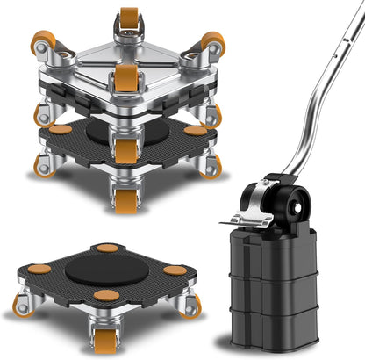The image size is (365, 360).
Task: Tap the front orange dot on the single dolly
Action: (x=106, y=295)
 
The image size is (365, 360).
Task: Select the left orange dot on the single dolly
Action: (x=39, y=268)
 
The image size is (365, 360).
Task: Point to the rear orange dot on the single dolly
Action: (x=107, y=248)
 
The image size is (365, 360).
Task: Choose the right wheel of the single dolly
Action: (x=189, y=306)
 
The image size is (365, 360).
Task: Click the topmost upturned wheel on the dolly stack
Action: (x=129, y=18)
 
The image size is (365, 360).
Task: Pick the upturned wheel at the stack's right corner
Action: (x=211, y=41)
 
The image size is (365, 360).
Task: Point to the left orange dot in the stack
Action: (x=60, y=129)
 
